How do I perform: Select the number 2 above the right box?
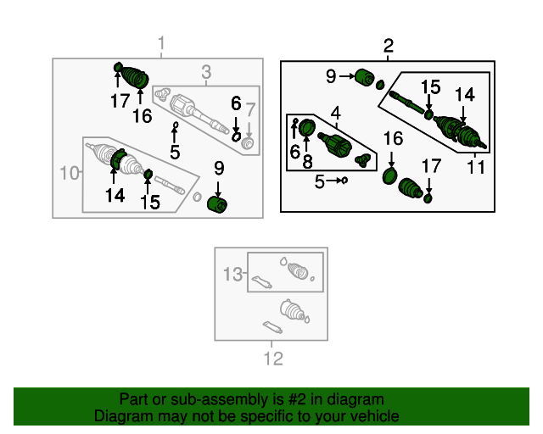[x=389, y=46]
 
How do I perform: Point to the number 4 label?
[x=336, y=113]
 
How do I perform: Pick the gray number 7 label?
[x=250, y=109]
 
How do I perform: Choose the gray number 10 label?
[x=70, y=175]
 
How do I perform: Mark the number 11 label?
[x=476, y=167]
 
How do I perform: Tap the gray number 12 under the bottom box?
[x=272, y=359]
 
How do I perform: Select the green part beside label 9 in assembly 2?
[x=366, y=78]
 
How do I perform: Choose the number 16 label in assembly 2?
[x=392, y=139]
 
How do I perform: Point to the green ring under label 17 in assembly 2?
[x=428, y=198]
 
